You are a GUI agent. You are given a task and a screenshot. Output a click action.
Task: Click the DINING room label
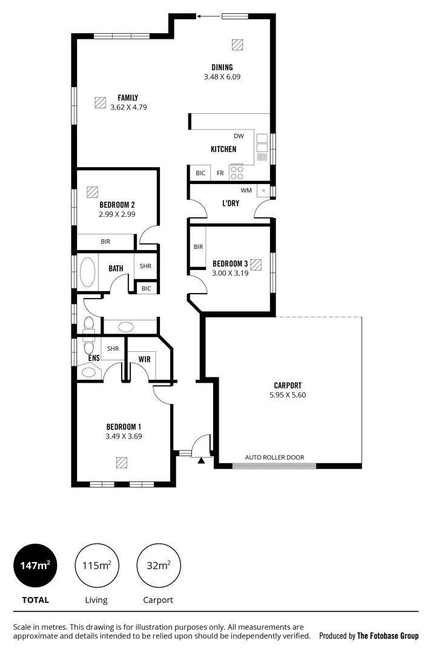tap(222, 67)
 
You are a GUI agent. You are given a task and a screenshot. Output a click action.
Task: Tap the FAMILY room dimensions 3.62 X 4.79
tap(129, 107)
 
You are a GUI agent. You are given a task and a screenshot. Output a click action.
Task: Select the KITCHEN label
tap(223, 149)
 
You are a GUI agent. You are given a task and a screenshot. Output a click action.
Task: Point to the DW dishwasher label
tap(239, 136)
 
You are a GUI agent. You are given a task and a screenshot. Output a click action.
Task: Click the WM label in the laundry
tap(245, 190)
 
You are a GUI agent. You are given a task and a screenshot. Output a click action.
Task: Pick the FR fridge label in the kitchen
tap(220, 173)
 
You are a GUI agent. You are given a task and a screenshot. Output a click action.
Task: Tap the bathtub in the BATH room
tap(88, 273)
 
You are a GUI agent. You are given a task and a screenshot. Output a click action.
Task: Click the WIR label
tap(144, 360)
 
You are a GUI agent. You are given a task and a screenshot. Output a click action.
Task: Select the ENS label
tap(94, 358)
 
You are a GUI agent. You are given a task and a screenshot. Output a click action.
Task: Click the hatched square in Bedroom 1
tap(122, 463)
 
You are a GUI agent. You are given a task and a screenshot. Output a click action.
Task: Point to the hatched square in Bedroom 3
tap(256, 265)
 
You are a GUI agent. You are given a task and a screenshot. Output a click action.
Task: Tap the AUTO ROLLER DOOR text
tap(274, 458)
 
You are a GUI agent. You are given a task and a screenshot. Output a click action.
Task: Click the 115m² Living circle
tap(96, 566)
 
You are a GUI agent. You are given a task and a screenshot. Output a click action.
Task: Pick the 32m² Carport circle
tap(159, 566)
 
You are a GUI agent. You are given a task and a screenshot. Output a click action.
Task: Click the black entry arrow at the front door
tap(201, 460)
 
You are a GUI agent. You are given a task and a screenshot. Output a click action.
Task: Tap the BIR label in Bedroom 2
tap(105, 242)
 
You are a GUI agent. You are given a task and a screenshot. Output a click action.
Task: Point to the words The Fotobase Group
tap(388, 636)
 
